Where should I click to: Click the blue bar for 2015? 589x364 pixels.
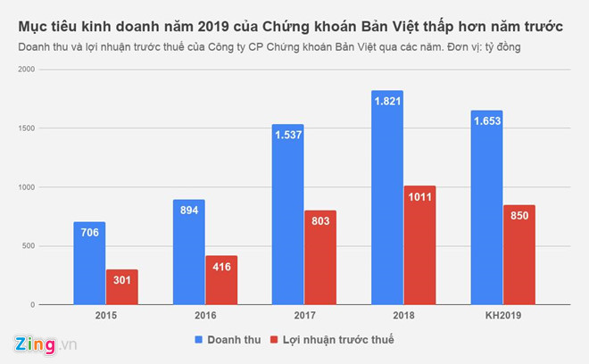point(89,263)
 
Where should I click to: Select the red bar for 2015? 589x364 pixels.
point(122,287)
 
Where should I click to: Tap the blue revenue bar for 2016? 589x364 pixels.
point(188,252)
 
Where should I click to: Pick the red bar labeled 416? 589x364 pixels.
point(221,281)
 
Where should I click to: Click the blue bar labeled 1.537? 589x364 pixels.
point(287,214)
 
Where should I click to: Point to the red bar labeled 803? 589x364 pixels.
point(320,258)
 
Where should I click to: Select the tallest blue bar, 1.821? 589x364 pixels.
point(387,197)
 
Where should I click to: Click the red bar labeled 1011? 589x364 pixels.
point(419,245)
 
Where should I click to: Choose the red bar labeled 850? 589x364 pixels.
point(518,255)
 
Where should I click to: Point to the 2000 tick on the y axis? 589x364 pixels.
point(28,70)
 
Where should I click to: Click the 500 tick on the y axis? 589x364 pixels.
point(30,246)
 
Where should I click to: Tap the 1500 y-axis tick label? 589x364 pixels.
point(28,128)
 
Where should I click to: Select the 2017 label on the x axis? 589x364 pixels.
point(304,317)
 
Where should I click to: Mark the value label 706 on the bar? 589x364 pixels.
point(89,232)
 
